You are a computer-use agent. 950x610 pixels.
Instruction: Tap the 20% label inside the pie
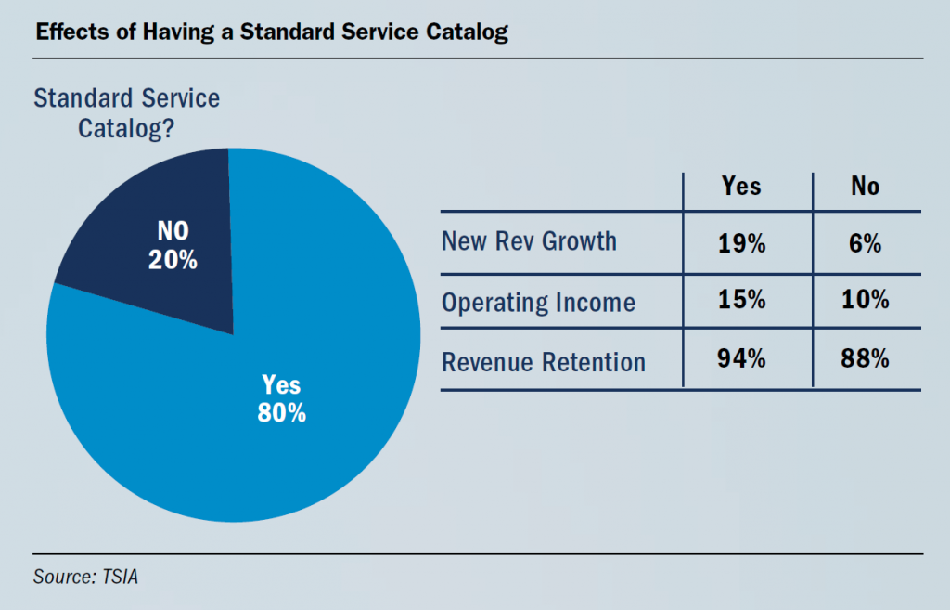pos(173,261)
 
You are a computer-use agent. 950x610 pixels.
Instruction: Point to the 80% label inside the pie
pos(282,413)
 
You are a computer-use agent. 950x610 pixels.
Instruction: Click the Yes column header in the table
pos(741,187)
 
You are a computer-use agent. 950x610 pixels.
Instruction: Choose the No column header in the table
pos(865,187)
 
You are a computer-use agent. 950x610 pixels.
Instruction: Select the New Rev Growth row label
pos(529,241)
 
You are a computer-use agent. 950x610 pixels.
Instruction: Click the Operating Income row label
pos(538,303)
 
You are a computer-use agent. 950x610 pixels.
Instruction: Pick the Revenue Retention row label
pos(544,361)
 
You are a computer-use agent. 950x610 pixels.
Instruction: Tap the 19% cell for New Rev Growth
pos(741,244)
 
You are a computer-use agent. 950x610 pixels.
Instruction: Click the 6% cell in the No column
pos(865,244)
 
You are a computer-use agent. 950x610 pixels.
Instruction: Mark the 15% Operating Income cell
pos(741,301)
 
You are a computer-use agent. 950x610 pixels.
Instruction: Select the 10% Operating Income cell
pos(865,301)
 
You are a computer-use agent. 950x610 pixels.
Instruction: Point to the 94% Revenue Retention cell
pos(741,358)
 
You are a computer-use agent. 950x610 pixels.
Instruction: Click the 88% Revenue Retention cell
pos(865,358)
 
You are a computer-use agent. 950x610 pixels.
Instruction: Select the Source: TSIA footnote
pos(85,577)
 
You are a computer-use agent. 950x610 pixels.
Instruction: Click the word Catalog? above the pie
pos(126,128)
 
